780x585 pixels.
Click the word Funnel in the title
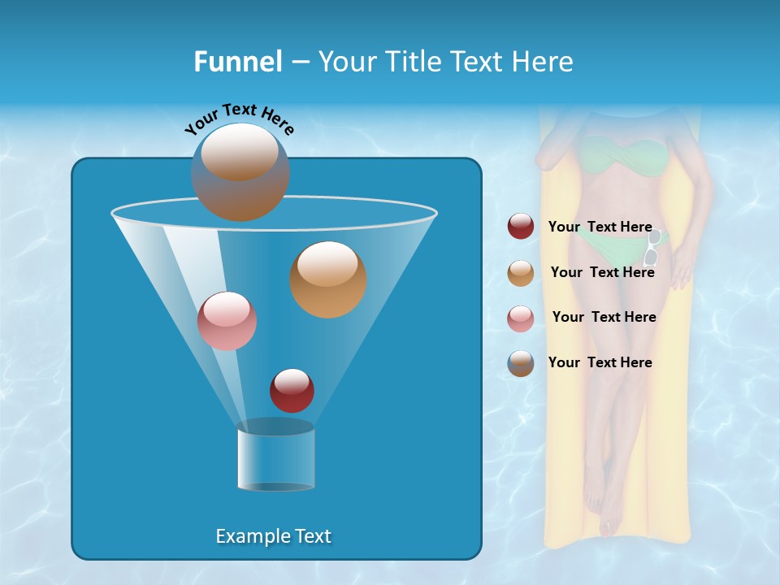237,62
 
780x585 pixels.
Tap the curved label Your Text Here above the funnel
240,119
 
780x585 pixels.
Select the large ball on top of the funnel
240,172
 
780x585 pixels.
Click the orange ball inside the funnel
328,279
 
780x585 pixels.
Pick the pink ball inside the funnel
227,321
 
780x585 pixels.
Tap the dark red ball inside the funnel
292,391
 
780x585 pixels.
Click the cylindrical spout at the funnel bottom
275,456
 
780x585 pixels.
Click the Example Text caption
273,536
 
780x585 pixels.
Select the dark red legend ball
521,227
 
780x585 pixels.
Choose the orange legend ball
521,272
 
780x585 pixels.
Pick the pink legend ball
521,318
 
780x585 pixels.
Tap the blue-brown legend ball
521,362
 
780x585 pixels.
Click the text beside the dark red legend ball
600,227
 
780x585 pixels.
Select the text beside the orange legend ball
602,272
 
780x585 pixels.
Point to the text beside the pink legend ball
604,317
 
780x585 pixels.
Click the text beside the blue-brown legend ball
600,362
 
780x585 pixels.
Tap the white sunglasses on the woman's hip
652,248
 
